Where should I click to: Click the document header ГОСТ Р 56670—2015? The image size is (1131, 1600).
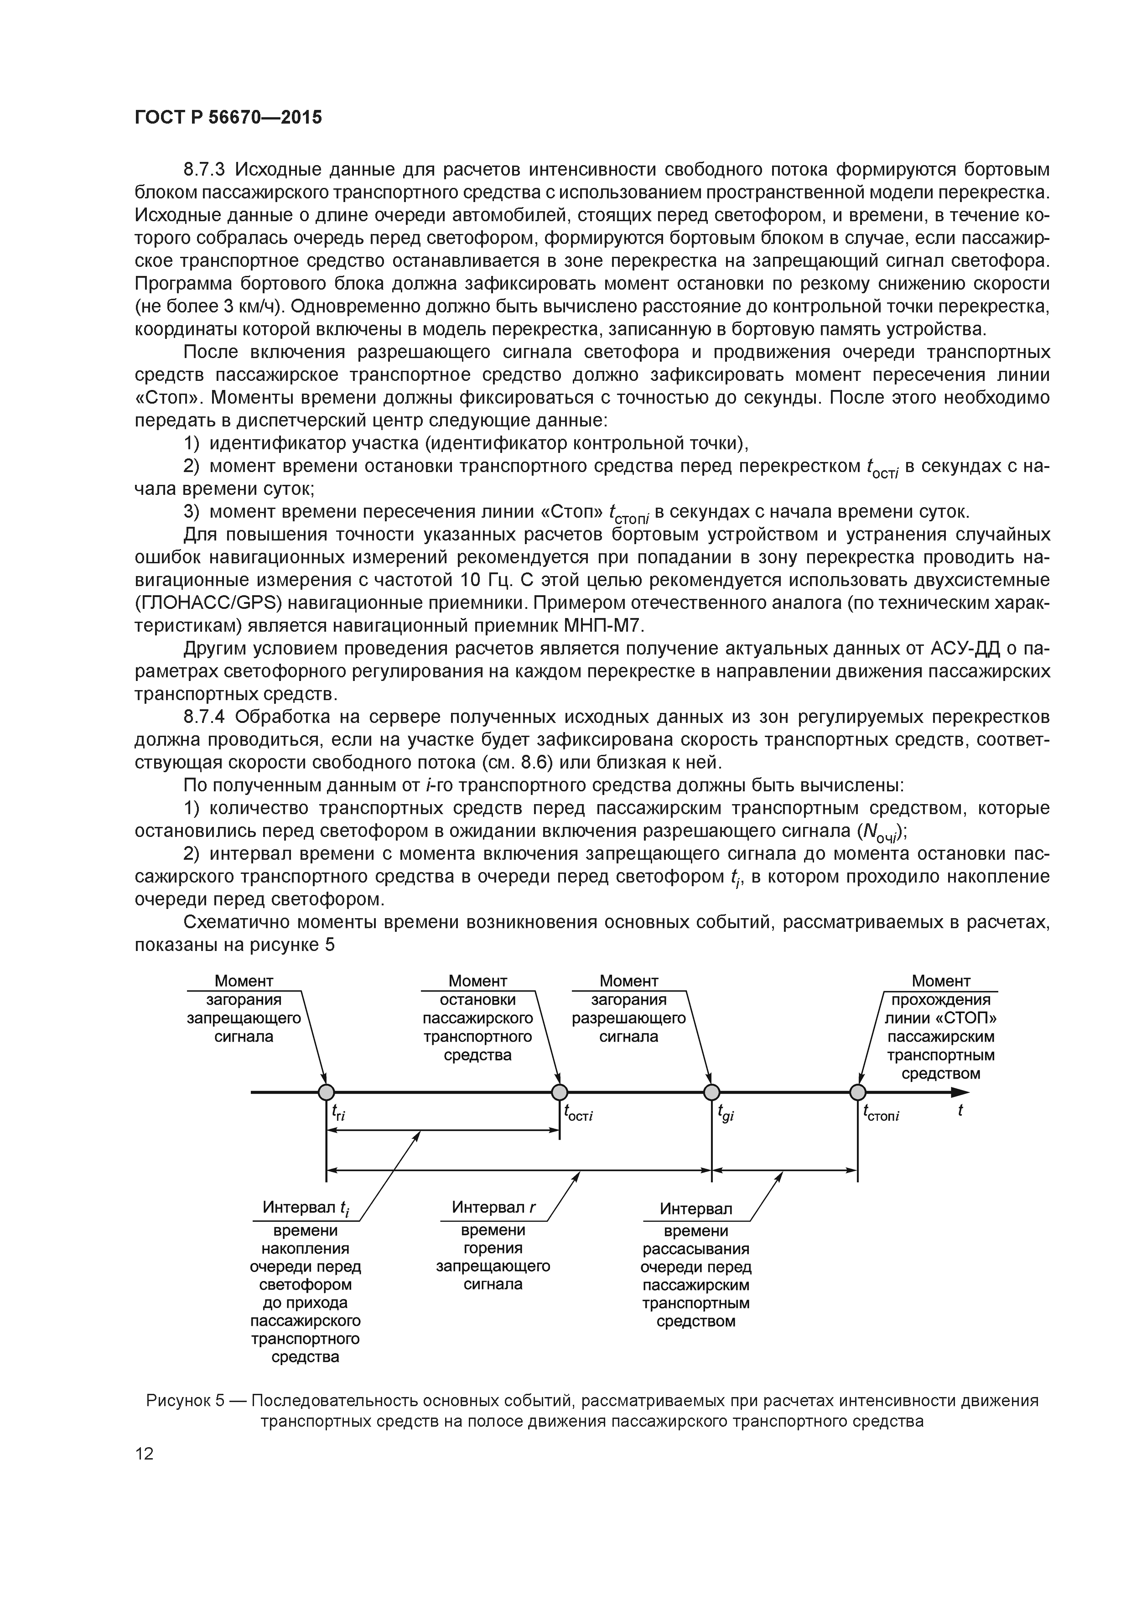click(x=228, y=117)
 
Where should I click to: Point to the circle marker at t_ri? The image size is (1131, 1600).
click(x=326, y=1092)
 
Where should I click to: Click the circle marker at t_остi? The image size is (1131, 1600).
click(x=560, y=1092)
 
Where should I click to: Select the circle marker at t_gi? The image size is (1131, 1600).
click(x=711, y=1092)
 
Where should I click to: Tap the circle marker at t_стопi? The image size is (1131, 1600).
click(x=858, y=1092)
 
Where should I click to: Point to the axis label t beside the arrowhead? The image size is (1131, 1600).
click(x=960, y=1111)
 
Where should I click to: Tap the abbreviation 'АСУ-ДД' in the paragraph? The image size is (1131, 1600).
click(x=965, y=649)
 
